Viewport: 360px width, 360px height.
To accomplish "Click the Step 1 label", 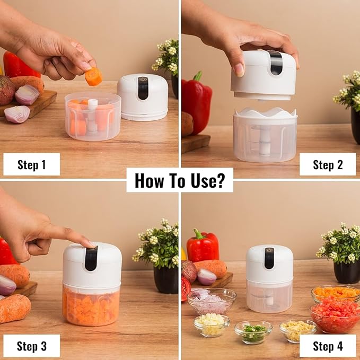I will click(x=31, y=164).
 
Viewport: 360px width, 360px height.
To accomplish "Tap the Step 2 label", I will click(x=327, y=164).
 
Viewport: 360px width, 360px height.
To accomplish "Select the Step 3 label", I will click(x=31, y=346).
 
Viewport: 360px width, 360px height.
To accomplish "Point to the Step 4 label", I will click(x=327, y=346).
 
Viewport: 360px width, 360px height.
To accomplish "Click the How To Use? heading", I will click(x=180, y=180).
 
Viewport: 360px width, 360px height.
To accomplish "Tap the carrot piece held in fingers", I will click(x=93, y=77).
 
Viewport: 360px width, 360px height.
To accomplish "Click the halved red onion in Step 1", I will click(x=17, y=114).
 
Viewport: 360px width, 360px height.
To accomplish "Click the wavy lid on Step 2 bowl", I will click(x=265, y=112).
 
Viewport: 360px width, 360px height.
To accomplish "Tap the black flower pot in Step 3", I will click(x=165, y=279).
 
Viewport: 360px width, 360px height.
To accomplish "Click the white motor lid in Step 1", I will click(x=143, y=95).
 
